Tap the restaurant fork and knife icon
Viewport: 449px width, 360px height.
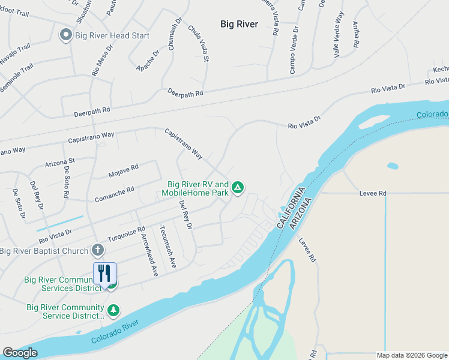pos(104,274)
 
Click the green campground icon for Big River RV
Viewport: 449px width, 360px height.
pos(238,188)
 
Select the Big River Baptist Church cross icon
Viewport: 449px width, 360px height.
pos(98,250)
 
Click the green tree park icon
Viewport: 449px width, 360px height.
pos(113,311)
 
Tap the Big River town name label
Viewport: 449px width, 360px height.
pos(239,24)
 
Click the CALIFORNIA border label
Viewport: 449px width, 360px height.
pos(288,206)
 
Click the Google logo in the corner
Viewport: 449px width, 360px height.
pos(20,353)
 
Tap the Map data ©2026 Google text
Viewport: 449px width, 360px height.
pos(411,355)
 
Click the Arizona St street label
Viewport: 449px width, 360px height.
pos(59,162)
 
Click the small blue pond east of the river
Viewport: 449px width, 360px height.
pos(393,166)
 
